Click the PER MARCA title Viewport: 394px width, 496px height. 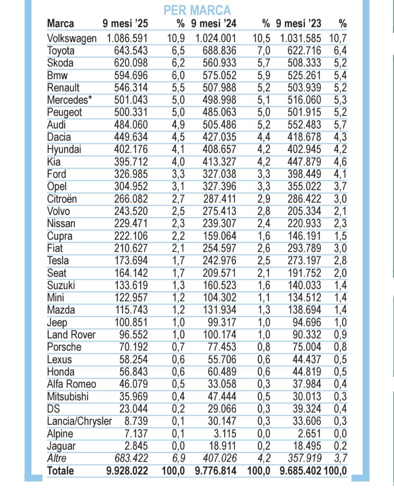[197, 10]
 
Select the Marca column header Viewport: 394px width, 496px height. [60, 23]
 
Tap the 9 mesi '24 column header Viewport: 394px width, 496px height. [213, 23]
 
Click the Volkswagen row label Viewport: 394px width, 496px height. [72, 39]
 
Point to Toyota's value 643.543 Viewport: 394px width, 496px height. [131, 51]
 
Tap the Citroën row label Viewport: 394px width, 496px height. [62, 199]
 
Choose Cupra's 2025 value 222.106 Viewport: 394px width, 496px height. [131, 236]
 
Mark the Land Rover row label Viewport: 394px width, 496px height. [71, 335]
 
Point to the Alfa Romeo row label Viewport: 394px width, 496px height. [72, 384]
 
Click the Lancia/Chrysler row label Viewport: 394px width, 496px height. [79, 421]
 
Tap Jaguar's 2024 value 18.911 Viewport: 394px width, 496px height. [222, 446]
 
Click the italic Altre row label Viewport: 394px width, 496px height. [57, 458]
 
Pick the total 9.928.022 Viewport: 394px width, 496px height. [127, 471]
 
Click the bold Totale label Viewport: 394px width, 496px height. [60, 471]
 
